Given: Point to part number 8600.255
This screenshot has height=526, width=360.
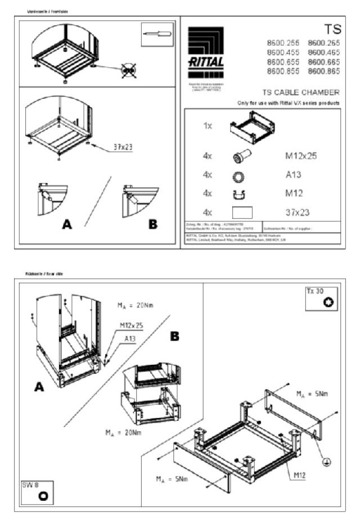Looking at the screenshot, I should [x=282, y=43].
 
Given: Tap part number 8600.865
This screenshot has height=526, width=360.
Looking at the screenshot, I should [x=323, y=71].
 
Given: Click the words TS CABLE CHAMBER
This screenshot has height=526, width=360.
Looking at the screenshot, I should [x=301, y=92].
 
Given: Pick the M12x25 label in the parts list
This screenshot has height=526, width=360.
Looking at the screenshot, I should [x=301, y=156].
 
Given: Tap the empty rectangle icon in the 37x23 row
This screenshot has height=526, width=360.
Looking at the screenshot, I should [x=242, y=212].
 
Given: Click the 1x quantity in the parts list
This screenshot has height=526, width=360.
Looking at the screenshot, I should [x=208, y=125].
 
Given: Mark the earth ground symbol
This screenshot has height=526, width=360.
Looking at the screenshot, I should [x=326, y=462].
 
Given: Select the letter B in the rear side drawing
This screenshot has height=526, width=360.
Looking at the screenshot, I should [x=175, y=335].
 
